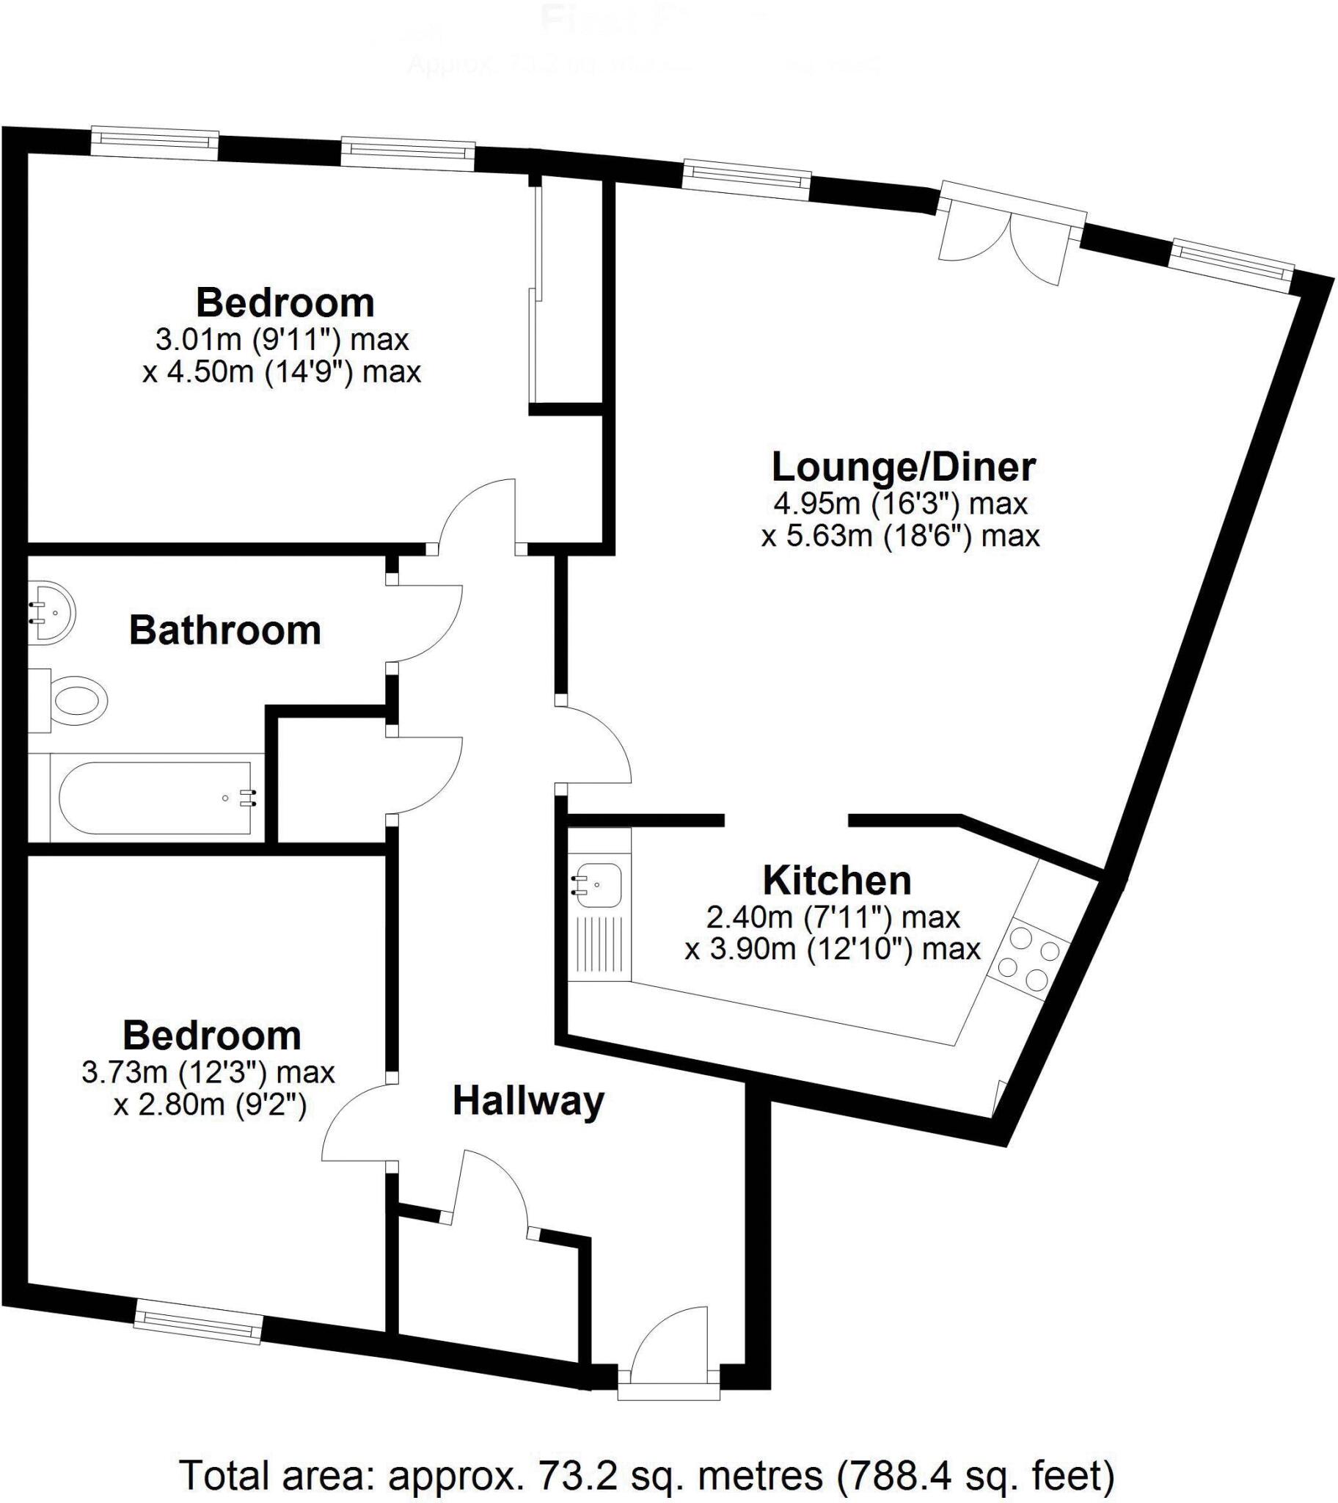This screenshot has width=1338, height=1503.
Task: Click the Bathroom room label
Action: tap(225, 631)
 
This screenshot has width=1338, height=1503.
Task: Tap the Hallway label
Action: tap(528, 1101)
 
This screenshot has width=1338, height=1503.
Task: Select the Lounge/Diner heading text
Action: tap(904, 467)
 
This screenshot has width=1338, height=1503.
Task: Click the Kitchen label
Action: tap(837, 880)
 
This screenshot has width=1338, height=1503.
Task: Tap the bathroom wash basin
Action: tap(50, 613)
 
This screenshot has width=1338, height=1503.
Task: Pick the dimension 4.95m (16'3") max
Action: tap(900, 504)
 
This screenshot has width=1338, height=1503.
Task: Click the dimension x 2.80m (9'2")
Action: tap(210, 1104)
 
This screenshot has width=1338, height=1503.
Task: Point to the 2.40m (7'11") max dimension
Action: tap(833, 917)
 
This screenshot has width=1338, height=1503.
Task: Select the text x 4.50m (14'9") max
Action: tap(282, 372)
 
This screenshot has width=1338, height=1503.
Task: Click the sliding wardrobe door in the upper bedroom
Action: tap(535, 294)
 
